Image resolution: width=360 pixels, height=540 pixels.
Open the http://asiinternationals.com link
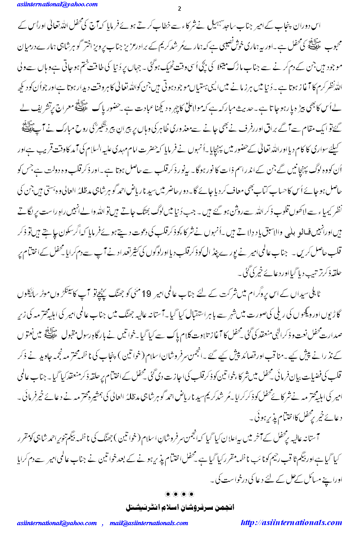[x=292, y=523]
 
